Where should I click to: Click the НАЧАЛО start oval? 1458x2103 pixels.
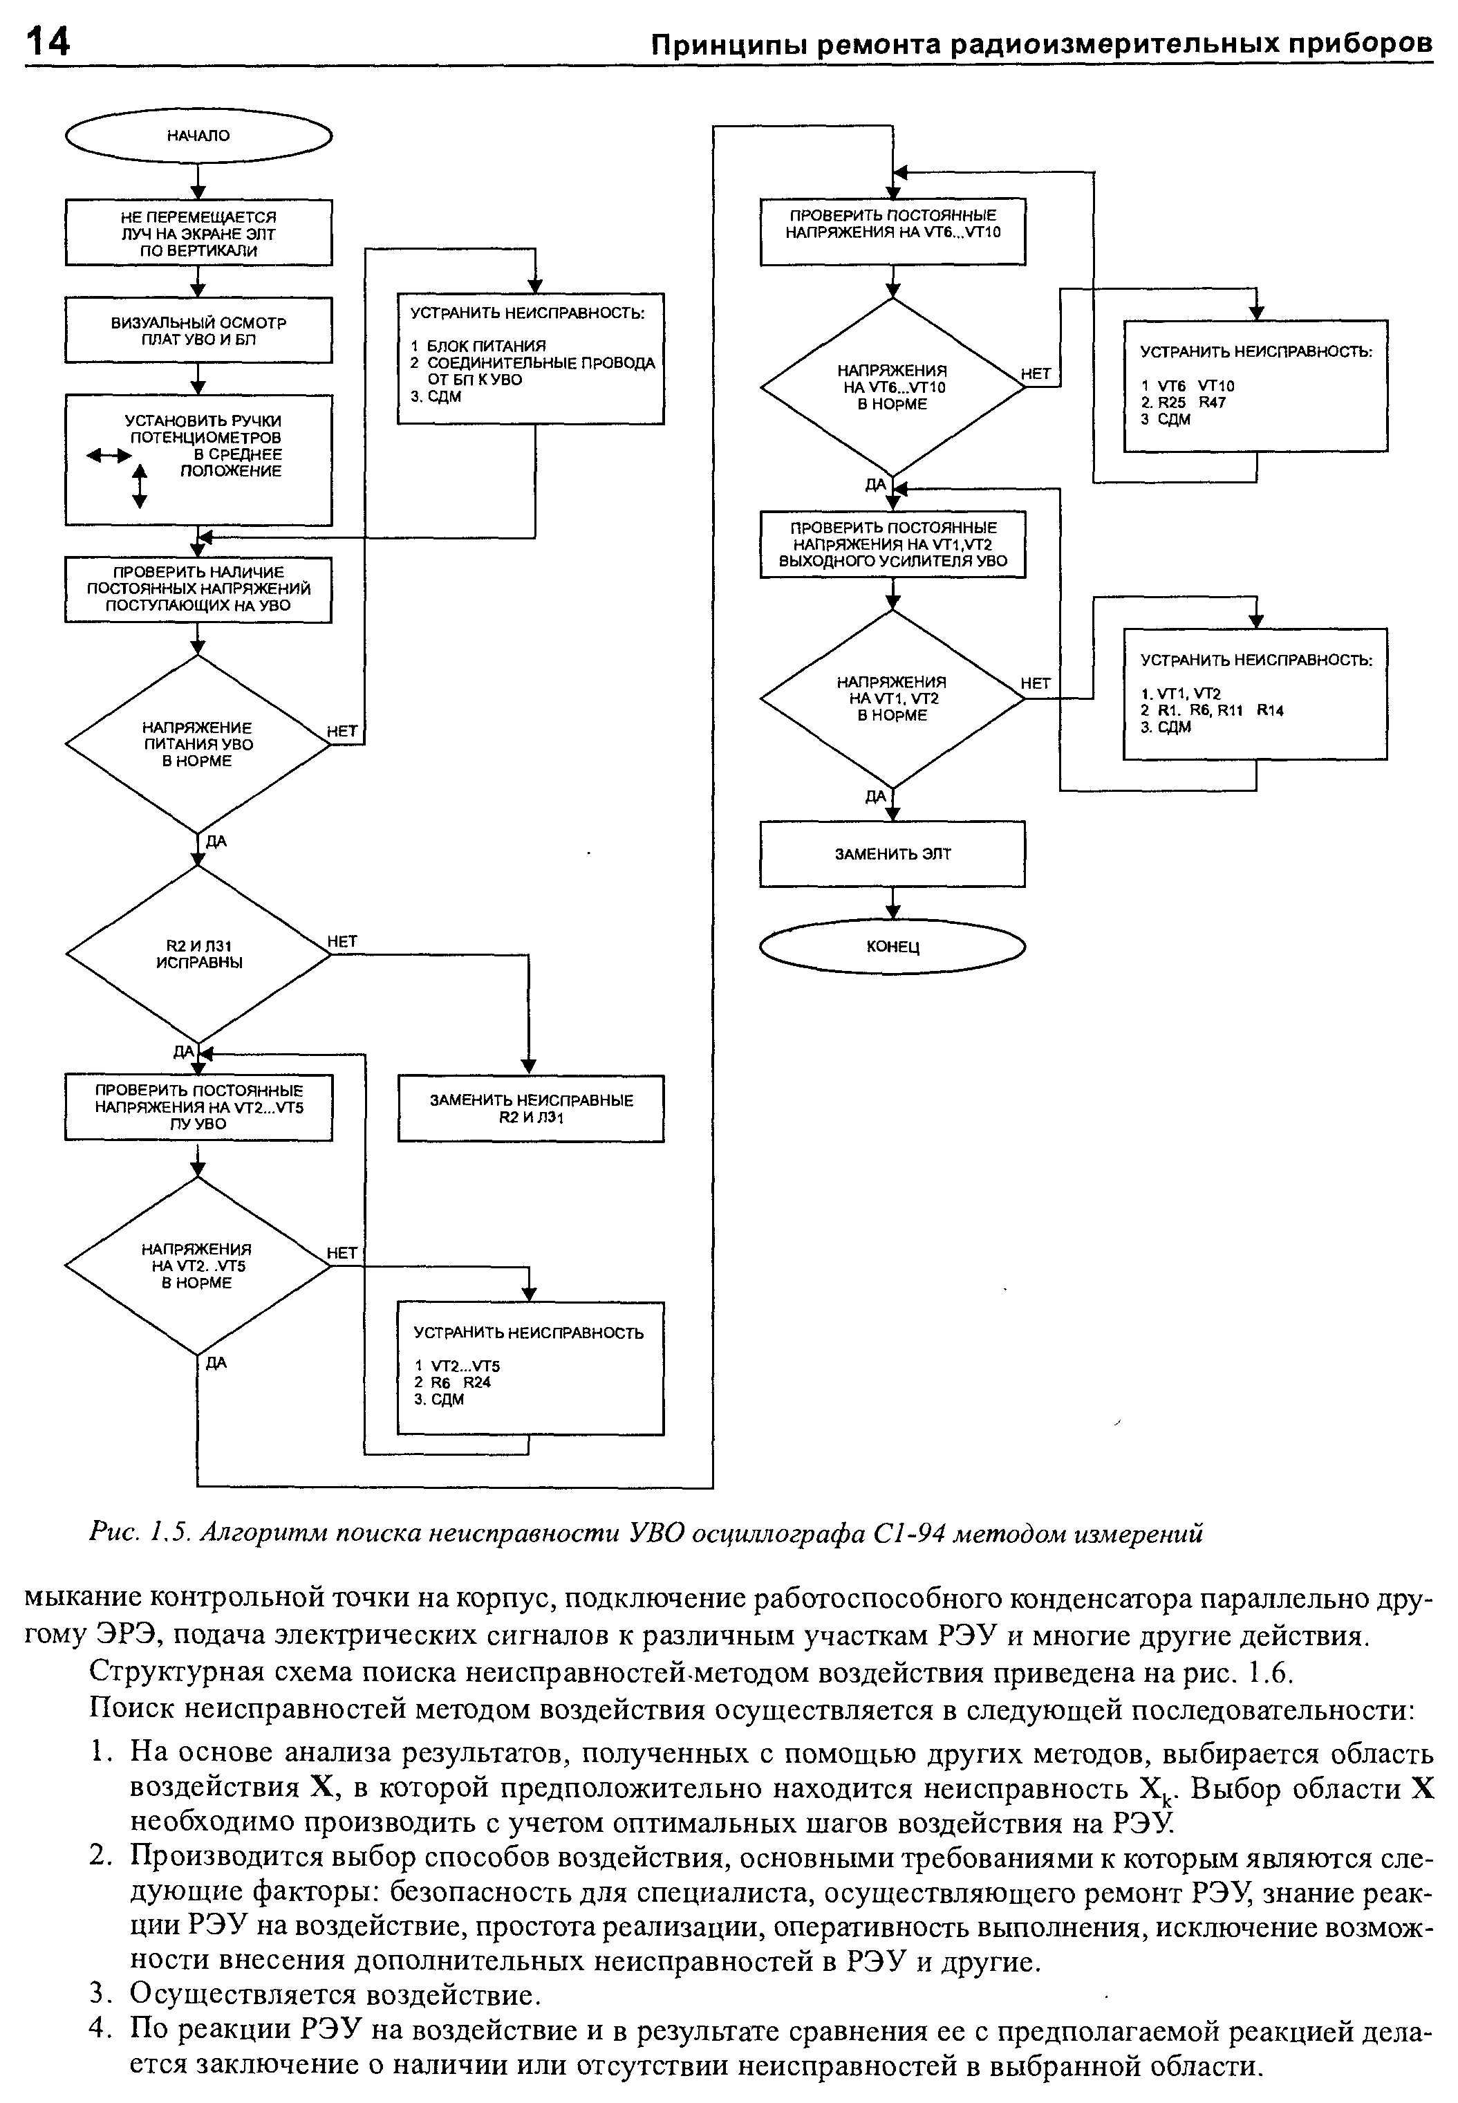coord(198,136)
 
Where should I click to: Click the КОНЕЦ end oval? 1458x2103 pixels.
coord(892,947)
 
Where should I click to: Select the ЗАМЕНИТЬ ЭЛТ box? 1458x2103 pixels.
coord(892,854)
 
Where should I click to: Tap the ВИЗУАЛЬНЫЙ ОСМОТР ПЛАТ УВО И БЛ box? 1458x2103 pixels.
coord(198,331)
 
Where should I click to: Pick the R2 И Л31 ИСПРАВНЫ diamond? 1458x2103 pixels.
coord(198,954)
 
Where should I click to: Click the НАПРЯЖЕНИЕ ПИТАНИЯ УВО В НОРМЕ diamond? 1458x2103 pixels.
coord(198,743)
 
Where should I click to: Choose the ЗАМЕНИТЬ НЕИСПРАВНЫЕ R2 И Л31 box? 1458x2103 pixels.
coord(531,1108)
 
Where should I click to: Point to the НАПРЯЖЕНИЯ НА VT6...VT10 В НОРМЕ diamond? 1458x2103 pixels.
coord(892,387)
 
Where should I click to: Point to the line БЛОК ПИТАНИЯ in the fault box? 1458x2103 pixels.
coord(486,346)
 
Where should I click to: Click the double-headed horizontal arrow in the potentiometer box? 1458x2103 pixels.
coord(109,454)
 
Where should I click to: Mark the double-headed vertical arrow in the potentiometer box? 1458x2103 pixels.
coord(140,485)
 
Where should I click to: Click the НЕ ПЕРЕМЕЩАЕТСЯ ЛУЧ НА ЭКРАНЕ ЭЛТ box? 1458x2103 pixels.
coord(198,233)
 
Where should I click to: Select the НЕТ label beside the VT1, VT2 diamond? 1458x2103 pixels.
coord(1035,683)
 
